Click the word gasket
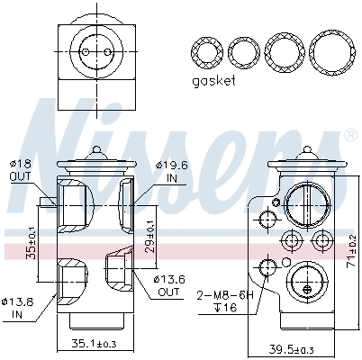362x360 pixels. (213, 81)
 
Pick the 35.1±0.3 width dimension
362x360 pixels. (95, 344)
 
